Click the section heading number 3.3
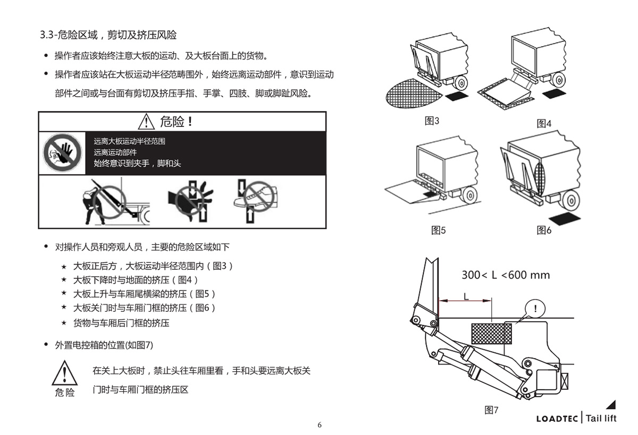47,36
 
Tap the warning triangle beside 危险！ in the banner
146,122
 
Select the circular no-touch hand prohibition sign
63,152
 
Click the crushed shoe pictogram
255,202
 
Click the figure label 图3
432,121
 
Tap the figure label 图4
544,124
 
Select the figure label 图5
438,230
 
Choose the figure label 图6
544,230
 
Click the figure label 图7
491,410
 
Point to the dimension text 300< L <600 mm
505,275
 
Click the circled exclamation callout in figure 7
535,308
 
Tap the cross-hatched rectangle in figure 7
491,334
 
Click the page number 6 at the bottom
320,424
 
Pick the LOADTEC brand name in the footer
557,419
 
